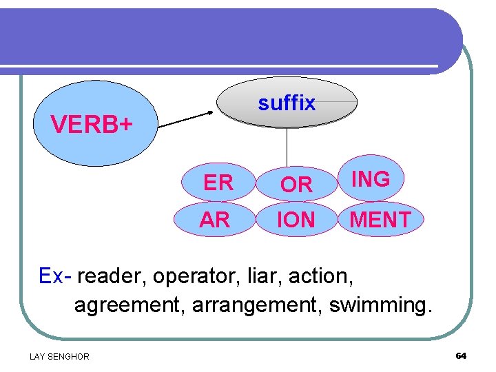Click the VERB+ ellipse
pyautogui.click(x=95, y=125)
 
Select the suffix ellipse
pyautogui.click(x=287, y=103)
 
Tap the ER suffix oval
pyautogui.click(x=218, y=183)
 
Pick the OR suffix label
pyautogui.click(x=297, y=185)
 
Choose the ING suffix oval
pyautogui.click(x=371, y=179)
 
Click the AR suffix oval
pyautogui.click(x=214, y=220)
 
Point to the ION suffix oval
pyautogui.click(x=296, y=220)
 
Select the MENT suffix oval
pyautogui.click(x=380, y=220)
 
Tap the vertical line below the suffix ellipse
pyautogui.click(x=287, y=147)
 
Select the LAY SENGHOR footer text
pyautogui.click(x=59, y=356)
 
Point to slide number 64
pyautogui.click(x=461, y=355)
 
